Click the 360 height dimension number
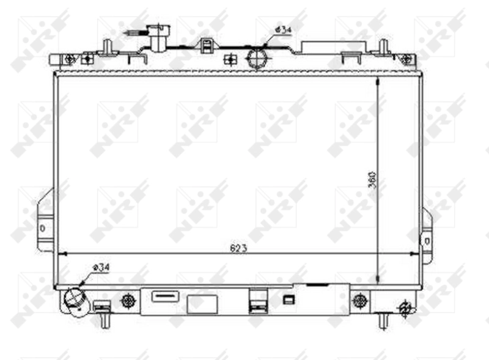372,178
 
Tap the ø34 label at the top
282,29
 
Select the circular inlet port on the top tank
257,58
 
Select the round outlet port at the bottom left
75,299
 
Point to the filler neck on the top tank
158,37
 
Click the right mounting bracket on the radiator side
427,235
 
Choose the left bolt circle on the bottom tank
128,300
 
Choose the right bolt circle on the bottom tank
361,300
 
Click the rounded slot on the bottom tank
164,295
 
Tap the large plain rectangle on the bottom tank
202,304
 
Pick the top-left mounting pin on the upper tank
107,48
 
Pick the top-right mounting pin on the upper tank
383,48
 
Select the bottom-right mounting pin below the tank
383,319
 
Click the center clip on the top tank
207,46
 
